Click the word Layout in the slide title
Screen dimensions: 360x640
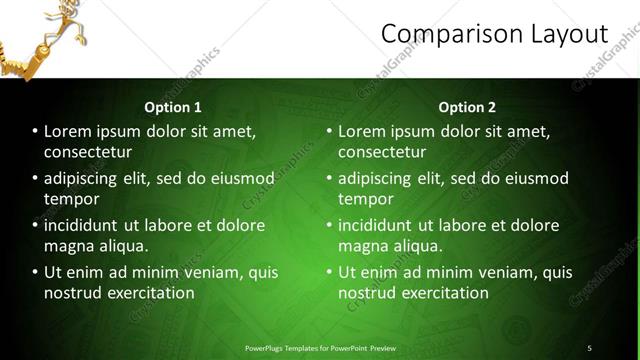pyautogui.click(x=568, y=34)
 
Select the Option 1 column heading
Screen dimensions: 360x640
pyautogui.click(x=173, y=107)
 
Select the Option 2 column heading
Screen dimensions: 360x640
pyautogui.click(x=467, y=107)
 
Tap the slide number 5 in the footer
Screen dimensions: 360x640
pyautogui.click(x=589, y=348)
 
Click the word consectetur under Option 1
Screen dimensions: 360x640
pyautogui.click(x=88, y=152)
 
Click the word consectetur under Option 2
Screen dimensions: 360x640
pyautogui.click(x=382, y=152)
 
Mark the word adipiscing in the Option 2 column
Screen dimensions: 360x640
pyautogui.click(x=379, y=178)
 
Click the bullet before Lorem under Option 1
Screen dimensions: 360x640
pyautogui.click(x=35, y=132)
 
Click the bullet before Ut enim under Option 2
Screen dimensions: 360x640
pyautogui.click(x=329, y=272)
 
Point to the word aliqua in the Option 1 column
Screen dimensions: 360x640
pyautogui.click(x=121, y=246)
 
